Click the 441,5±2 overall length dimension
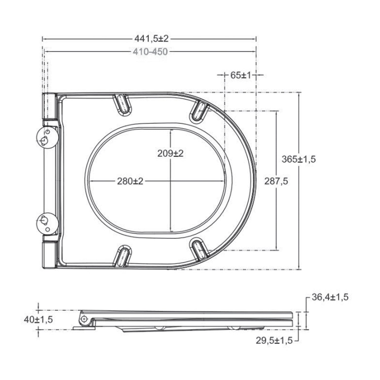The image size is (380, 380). click(151, 39)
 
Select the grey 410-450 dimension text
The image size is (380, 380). click(150, 52)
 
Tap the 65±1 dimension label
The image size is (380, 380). click(240, 75)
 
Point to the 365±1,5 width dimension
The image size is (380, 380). click(299, 159)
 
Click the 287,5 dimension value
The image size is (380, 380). click(276, 181)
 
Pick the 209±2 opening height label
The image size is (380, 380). click(170, 153)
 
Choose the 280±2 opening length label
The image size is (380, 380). click(130, 181)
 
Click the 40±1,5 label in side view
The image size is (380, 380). click(38, 320)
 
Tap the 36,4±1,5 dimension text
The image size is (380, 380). click(330, 297)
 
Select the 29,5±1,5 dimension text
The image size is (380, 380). click(274, 340)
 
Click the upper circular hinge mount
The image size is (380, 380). click(47, 137)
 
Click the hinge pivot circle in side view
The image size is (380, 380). click(84, 319)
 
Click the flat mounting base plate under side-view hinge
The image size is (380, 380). click(84, 328)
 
